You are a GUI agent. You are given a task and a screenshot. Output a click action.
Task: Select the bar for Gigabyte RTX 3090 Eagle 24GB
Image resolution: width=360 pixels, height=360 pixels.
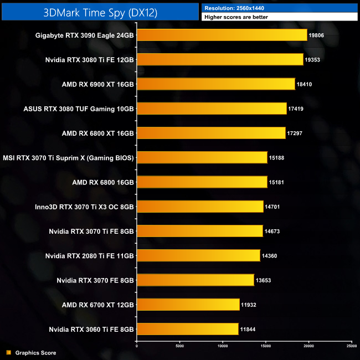pos(222,35)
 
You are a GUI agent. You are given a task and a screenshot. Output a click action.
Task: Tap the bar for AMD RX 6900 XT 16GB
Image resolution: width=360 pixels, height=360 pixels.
pos(215,84)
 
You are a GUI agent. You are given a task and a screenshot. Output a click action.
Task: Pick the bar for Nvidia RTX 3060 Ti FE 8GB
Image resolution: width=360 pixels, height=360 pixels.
pos(187,328)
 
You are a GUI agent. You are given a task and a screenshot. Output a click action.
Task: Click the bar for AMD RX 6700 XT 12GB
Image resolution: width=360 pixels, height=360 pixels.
pos(188,304)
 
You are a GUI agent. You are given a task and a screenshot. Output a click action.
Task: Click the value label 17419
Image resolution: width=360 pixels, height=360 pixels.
pos(297,108)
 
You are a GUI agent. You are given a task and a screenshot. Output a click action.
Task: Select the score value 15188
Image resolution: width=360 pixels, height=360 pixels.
pos(277,157)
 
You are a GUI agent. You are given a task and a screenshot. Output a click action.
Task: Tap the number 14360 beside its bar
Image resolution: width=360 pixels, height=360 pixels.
pos(270,255)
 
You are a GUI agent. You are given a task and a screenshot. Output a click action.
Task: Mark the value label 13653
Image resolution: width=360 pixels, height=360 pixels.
pos(264,280)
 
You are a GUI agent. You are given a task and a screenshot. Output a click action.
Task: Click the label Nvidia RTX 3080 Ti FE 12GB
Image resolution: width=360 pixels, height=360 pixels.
pos(90,59)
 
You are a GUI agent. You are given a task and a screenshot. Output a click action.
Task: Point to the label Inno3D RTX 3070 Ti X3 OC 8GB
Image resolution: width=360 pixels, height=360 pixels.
pos(84,206)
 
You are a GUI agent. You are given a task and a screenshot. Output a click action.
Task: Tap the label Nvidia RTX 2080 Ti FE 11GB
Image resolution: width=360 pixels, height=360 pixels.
pos(90,255)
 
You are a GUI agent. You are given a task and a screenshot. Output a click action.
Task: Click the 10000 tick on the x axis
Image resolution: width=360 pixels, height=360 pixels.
pos(223,347)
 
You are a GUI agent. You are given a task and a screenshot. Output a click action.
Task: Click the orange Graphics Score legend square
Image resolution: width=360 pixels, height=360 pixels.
pos(8,352)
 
